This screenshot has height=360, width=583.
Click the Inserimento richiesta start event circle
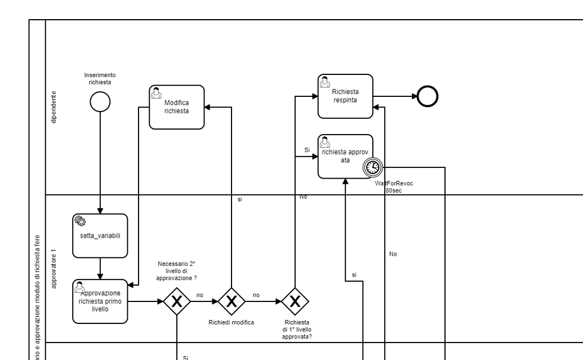tap(100, 101)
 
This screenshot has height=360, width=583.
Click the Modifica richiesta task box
tap(176, 107)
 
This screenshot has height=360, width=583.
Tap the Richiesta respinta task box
tap(345, 96)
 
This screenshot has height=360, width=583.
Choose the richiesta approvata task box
tap(345, 156)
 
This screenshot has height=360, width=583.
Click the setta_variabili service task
tap(100, 235)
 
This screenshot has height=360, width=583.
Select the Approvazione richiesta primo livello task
tap(100, 301)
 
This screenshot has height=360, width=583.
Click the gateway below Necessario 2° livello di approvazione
tap(177, 302)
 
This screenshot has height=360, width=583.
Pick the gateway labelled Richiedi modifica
tap(231, 302)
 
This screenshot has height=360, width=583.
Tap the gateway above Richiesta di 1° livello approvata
tap(295, 302)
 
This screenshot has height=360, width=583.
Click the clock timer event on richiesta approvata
tap(373, 166)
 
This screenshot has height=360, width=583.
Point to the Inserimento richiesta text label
tap(100, 78)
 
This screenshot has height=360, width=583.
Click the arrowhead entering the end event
tap(414, 96)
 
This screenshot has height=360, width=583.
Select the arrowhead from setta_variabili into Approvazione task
tap(100, 276)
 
